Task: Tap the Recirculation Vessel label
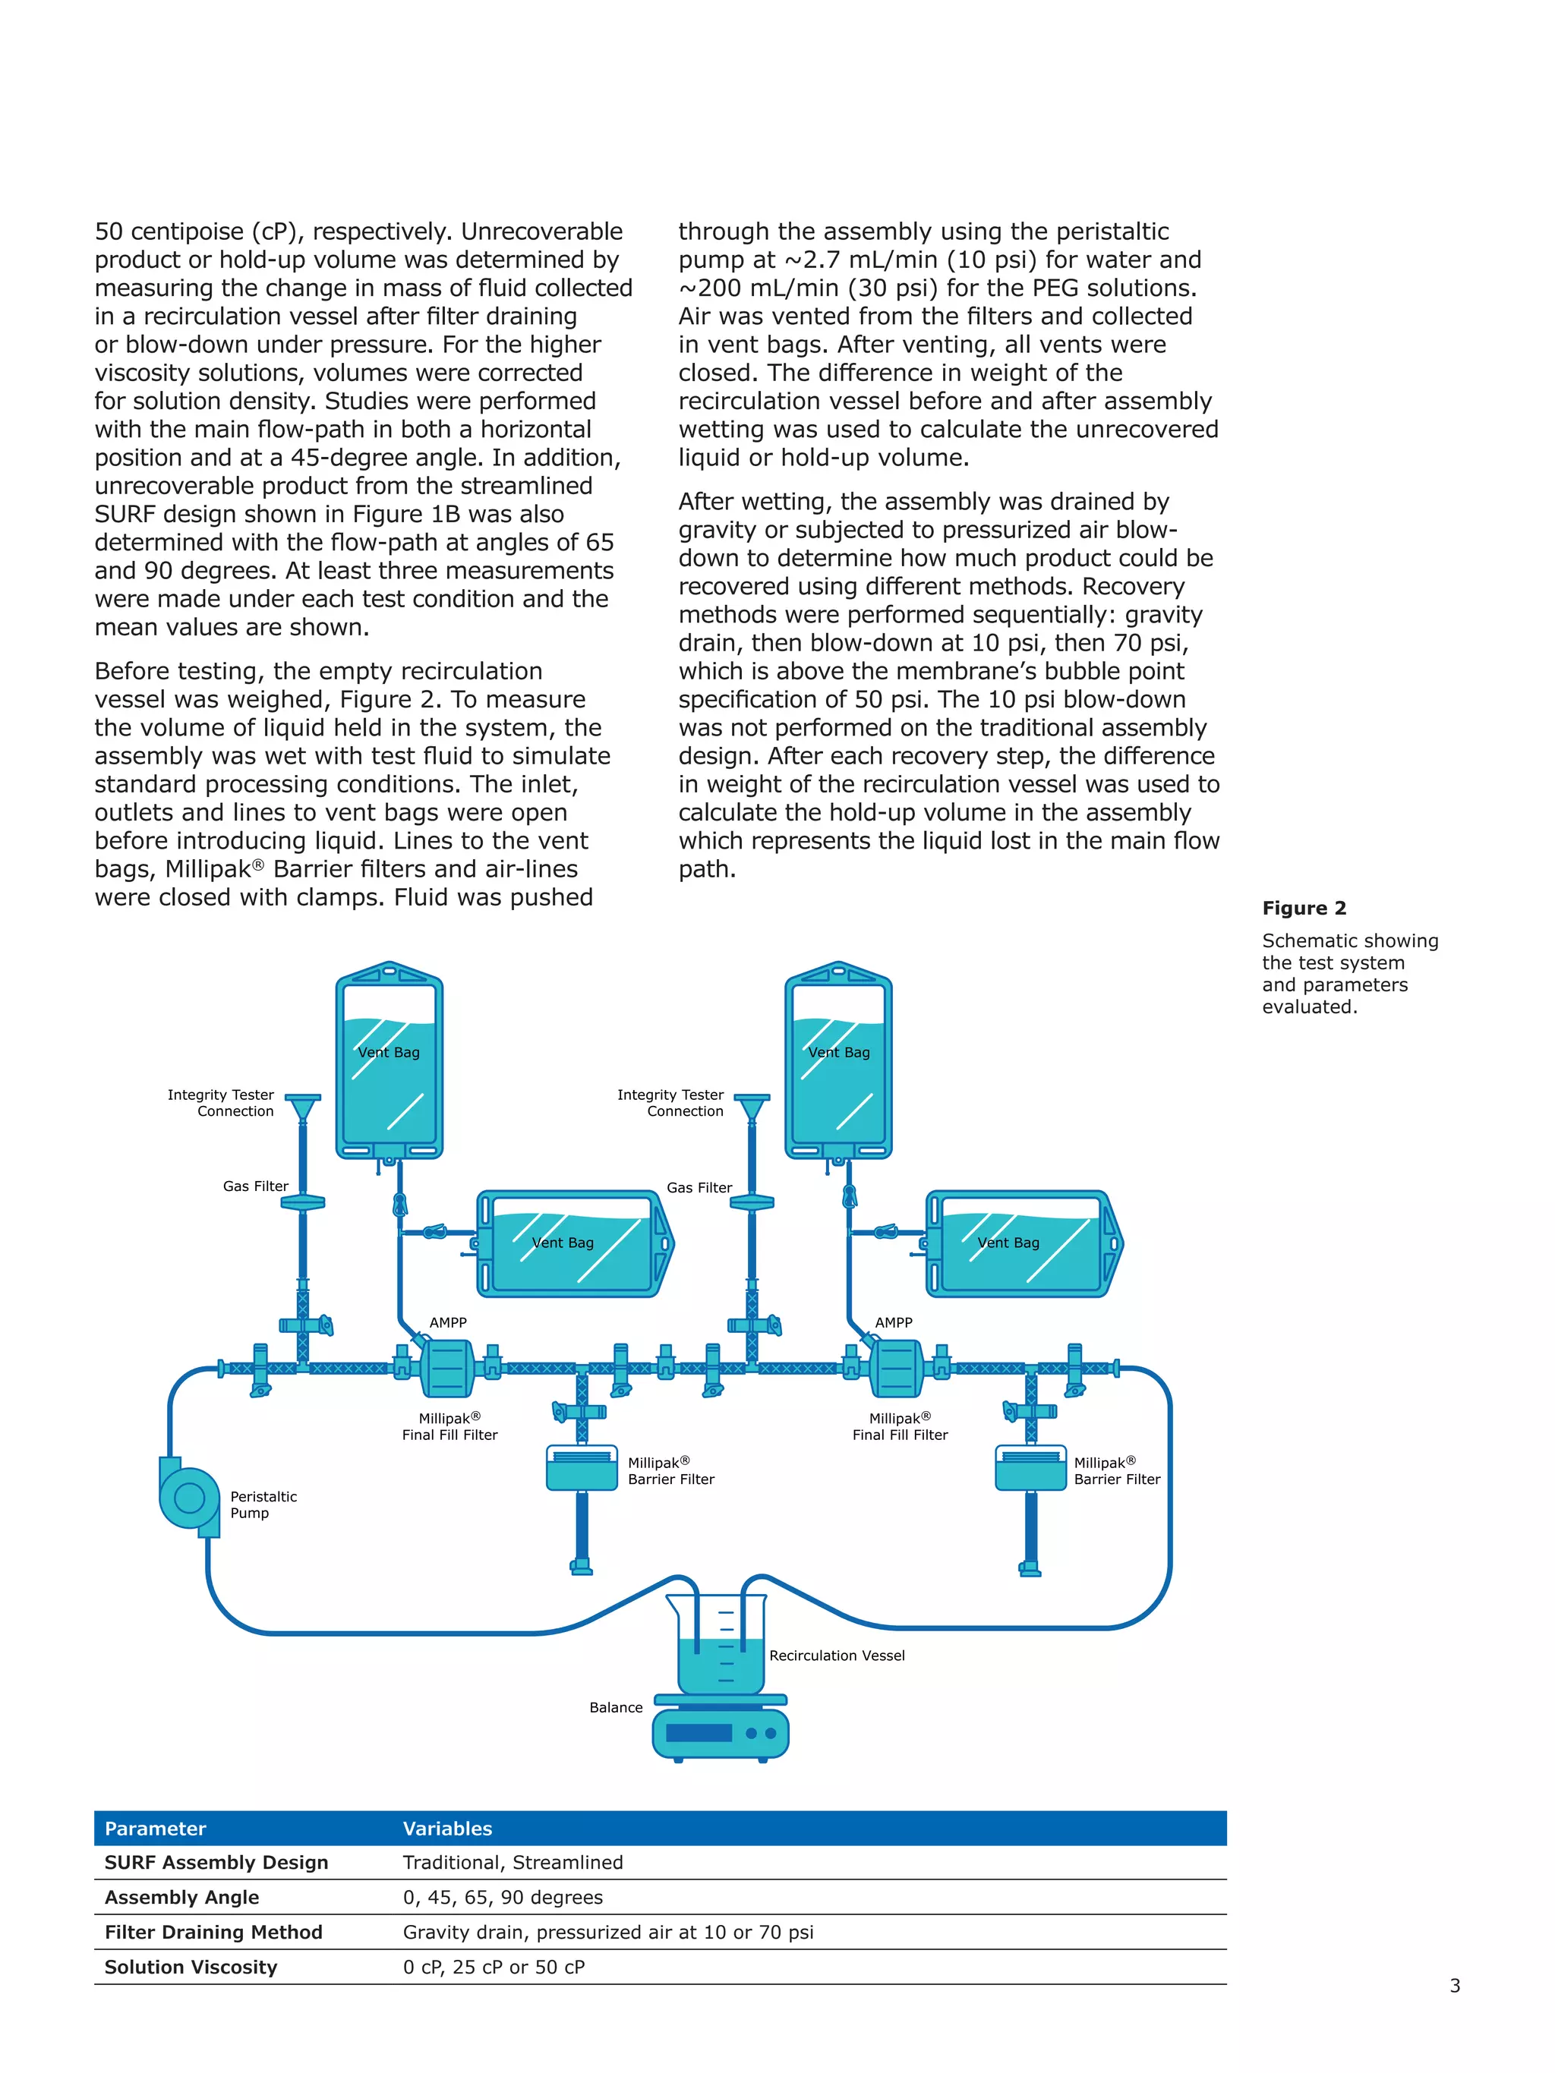click(836, 1656)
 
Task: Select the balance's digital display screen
click(699, 1733)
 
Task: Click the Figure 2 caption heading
click(1304, 908)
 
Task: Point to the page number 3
click(1455, 1985)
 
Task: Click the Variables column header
click(447, 1829)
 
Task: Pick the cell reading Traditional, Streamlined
click(513, 1863)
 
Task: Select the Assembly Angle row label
click(181, 1898)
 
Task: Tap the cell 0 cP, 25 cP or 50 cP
click(494, 1967)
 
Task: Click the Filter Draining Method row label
click(213, 1933)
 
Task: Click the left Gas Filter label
click(255, 1186)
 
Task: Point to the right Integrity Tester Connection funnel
click(752, 1107)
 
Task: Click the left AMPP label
click(448, 1322)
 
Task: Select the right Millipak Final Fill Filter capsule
click(896, 1369)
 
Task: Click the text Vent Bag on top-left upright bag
click(389, 1052)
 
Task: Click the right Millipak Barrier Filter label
click(1116, 1470)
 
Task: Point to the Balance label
click(616, 1707)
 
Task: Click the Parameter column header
click(155, 1829)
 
